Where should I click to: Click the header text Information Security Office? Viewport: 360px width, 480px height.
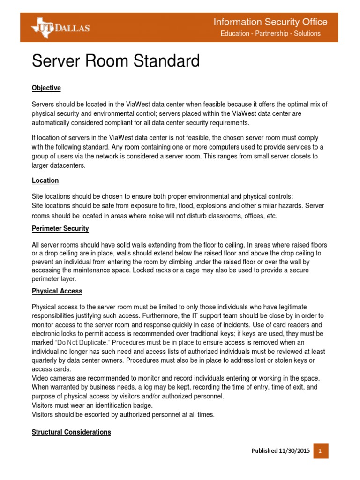270,22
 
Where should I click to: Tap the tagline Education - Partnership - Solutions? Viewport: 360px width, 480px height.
270,34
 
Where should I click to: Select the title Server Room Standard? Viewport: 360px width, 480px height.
115,61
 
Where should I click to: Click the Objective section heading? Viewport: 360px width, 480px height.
46,88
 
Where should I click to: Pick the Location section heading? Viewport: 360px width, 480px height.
45,180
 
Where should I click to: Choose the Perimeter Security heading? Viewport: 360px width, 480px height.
60,229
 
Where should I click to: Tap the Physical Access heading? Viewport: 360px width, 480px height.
57,291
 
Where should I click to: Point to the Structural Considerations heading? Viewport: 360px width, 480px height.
71,432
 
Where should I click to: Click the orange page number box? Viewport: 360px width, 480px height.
321,451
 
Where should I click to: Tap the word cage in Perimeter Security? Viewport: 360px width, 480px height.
197,271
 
